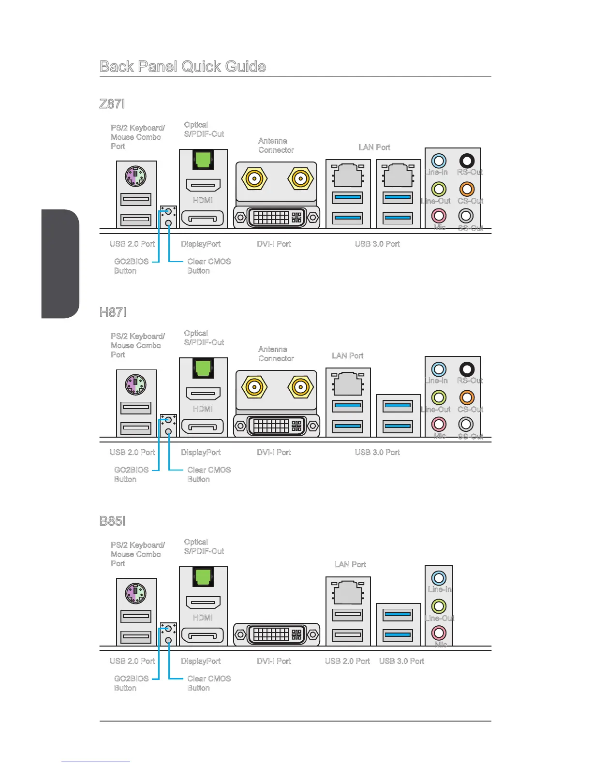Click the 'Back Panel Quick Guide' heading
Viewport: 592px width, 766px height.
tap(182, 66)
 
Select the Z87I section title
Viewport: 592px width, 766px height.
tap(112, 103)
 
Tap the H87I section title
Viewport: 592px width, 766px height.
tap(113, 312)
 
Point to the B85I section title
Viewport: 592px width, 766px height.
tap(112, 521)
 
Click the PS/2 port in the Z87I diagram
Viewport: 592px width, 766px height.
tap(136, 177)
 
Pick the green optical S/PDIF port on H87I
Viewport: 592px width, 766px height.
tap(203, 368)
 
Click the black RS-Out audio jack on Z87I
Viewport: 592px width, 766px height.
tap(466, 161)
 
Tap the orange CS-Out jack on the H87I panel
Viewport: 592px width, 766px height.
tap(466, 397)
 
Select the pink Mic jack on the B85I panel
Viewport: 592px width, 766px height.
tap(439, 632)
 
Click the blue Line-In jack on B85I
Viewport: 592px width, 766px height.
tap(439, 577)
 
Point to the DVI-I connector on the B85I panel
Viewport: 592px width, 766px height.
tap(277, 634)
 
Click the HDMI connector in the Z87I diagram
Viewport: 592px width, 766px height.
tap(203, 185)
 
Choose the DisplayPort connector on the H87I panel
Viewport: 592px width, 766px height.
tap(203, 427)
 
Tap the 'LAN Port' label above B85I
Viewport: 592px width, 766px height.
tap(350, 564)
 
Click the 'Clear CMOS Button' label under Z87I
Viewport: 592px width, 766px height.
tap(209, 266)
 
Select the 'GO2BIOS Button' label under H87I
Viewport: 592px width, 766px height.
tap(131, 474)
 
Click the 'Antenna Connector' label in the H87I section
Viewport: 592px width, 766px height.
tap(276, 354)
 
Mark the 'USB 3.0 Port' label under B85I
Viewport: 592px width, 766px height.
tap(401, 661)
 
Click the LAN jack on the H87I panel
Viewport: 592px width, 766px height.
tap(348, 384)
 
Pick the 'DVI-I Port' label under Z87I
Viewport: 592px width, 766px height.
tap(274, 244)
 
